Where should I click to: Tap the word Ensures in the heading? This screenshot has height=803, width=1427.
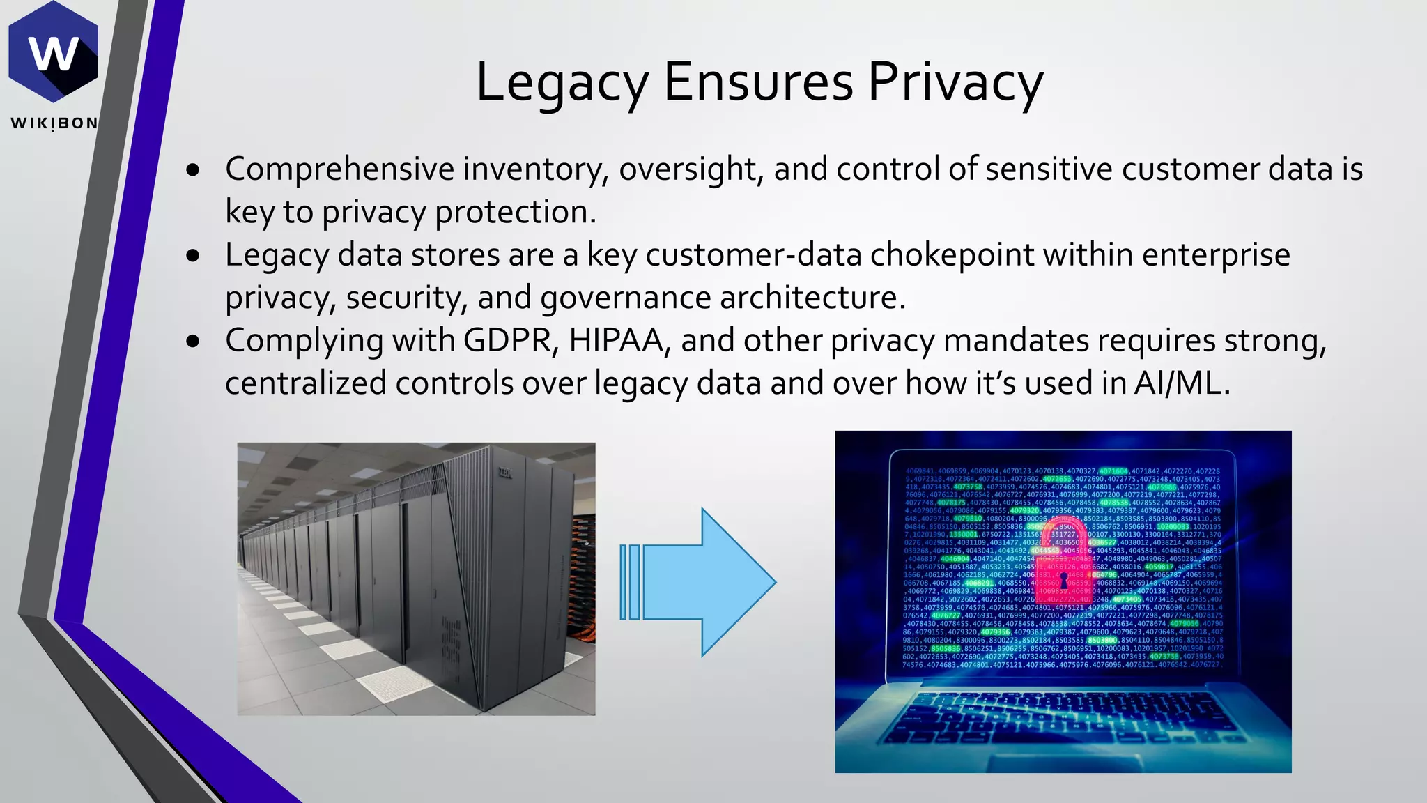click(758, 82)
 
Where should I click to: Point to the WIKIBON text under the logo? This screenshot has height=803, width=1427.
click(54, 123)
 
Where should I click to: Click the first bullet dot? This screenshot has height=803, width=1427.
click(194, 170)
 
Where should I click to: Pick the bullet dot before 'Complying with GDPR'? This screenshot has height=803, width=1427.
click(194, 342)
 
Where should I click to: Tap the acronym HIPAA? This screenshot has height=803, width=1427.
click(615, 341)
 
